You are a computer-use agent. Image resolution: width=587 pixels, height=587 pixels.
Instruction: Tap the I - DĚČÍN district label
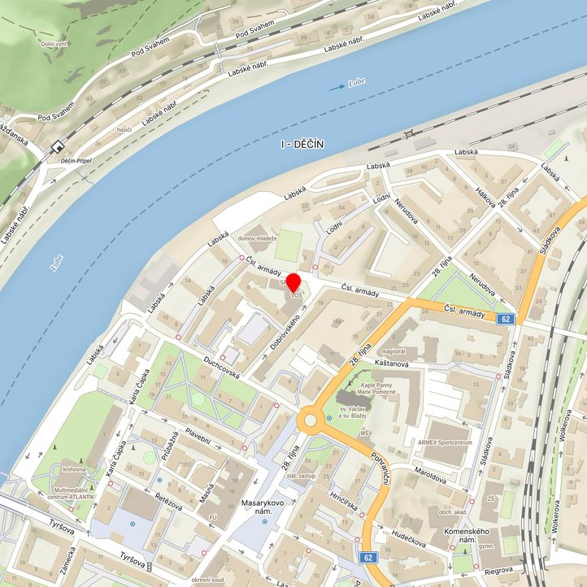302,144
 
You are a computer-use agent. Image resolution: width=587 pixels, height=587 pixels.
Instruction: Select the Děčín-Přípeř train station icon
57,147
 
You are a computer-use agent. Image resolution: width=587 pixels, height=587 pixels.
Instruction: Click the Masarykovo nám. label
262,510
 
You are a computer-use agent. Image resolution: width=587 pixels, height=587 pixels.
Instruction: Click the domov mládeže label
258,238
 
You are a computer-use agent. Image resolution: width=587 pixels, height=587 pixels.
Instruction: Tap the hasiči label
124,129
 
